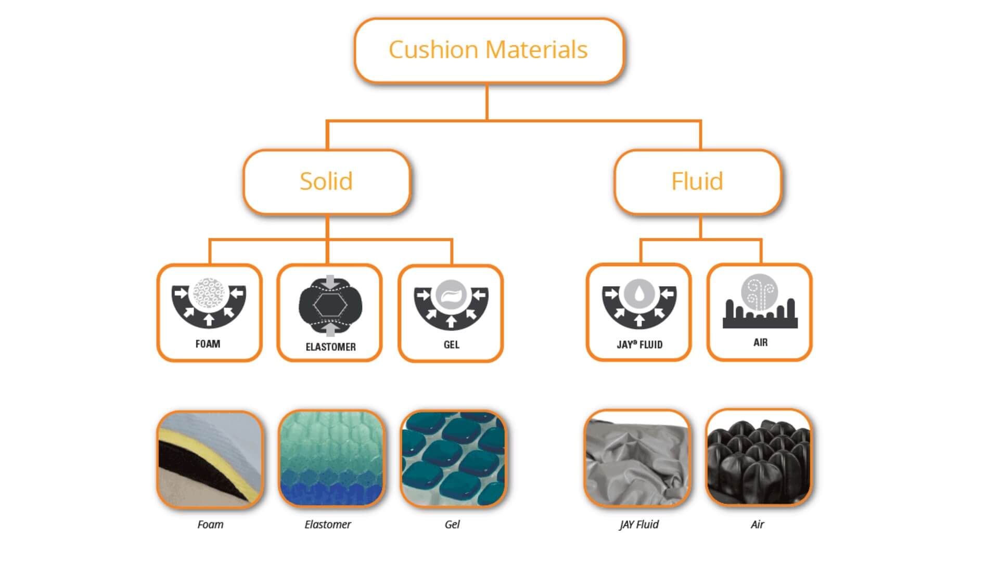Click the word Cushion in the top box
click(433, 50)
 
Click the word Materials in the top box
click(536, 50)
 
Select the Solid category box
click(326, 182)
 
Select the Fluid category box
click(697, 182)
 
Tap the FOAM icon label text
click(208, 344)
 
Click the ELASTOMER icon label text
click(330, 347)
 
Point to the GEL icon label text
click(451, 345)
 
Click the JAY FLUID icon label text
click(639, 345)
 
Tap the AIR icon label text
click(760, 342)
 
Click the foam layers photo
click(210, 459)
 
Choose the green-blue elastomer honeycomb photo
click(331, 458)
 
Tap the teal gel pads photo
click(453, 458)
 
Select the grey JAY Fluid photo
click(637, 458)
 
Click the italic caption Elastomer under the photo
click(327, 525)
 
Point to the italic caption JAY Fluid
click(639, 525)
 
